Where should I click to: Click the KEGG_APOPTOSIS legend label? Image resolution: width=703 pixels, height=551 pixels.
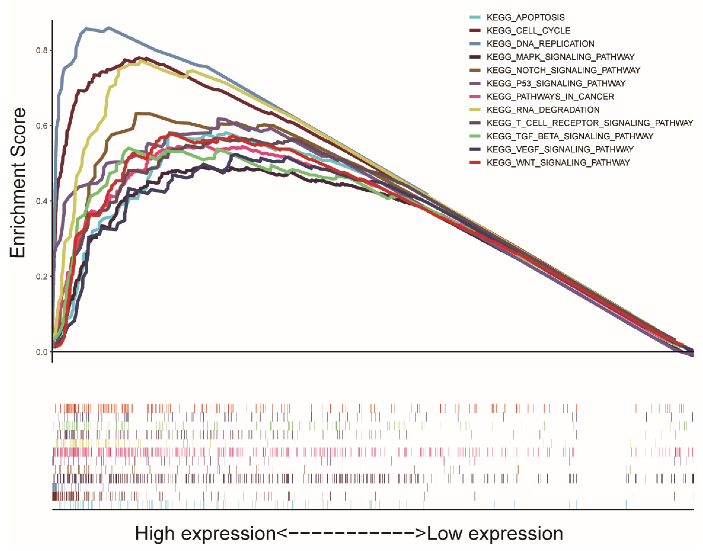tap(525, 17)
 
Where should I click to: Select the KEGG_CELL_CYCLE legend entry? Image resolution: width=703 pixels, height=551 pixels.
tap(528, 31)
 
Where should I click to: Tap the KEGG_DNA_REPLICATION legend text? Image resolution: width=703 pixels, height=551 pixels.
tap(540, 44)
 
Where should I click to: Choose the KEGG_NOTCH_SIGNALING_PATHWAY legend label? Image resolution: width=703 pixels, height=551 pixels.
tap(563, 70)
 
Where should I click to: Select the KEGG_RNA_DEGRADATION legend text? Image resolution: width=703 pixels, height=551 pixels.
tap(543, 110)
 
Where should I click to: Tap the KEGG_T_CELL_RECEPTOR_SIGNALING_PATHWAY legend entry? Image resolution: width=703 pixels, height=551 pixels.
tap(590, 123)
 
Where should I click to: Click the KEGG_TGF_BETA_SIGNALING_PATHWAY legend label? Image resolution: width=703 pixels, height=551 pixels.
tap(570, 136)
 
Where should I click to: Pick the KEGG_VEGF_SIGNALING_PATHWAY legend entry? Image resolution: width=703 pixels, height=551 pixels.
tap(560, 150)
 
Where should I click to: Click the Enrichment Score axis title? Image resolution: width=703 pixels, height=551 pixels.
tap(18, 183)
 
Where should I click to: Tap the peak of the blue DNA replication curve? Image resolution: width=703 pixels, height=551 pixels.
tap(108, 28)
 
